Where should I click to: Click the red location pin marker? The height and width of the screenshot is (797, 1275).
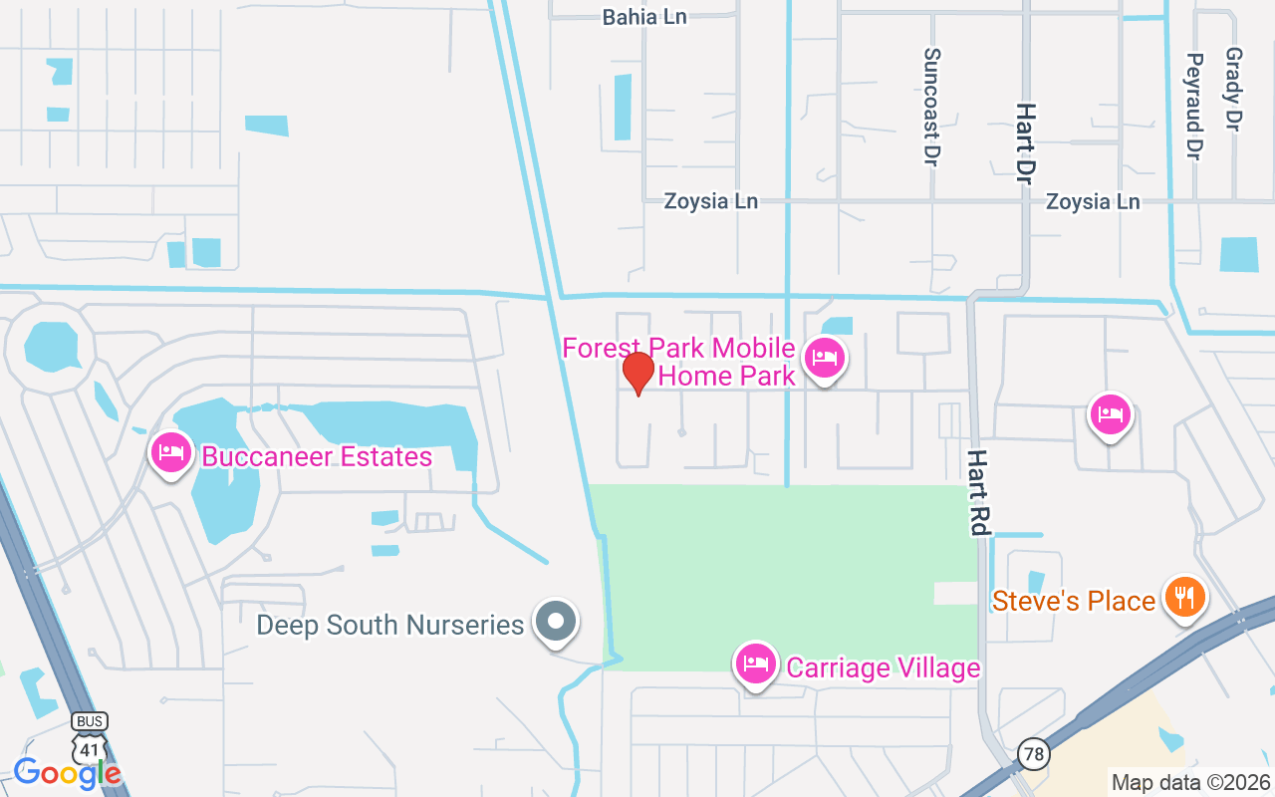tap(638, 374)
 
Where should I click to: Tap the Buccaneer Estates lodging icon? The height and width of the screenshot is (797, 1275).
tap(171, 453)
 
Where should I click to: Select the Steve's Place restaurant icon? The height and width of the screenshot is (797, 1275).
tap(1184, 597)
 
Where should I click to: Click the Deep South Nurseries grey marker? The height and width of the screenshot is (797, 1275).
tap(556, 622)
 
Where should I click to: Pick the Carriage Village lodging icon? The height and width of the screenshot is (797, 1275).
tap(756, 664)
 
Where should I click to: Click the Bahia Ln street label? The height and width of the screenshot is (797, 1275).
tap(644, 16)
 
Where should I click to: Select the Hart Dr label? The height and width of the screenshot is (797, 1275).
tap(1024, 142)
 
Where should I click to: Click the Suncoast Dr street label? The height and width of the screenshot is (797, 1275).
tap(932, 108)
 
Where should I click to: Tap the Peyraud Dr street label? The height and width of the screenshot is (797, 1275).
tap(1194, 106)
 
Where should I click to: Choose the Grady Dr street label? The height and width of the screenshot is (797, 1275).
tap(1233, 90)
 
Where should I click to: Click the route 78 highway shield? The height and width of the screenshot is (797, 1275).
tap(1034, 754)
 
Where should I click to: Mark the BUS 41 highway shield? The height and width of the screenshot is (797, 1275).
tap(90, 738)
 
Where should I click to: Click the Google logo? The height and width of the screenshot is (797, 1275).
tap(67, 772)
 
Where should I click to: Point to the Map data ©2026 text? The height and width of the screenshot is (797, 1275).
tap(1190, 782)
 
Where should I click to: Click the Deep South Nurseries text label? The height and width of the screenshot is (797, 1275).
tap(390, 626)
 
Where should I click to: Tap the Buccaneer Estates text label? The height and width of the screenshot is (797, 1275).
tap(317, 457)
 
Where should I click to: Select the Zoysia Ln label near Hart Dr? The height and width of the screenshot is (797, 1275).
tap(1092, 202)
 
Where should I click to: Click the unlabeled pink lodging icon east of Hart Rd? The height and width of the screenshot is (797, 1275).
tap(1111, 414)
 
